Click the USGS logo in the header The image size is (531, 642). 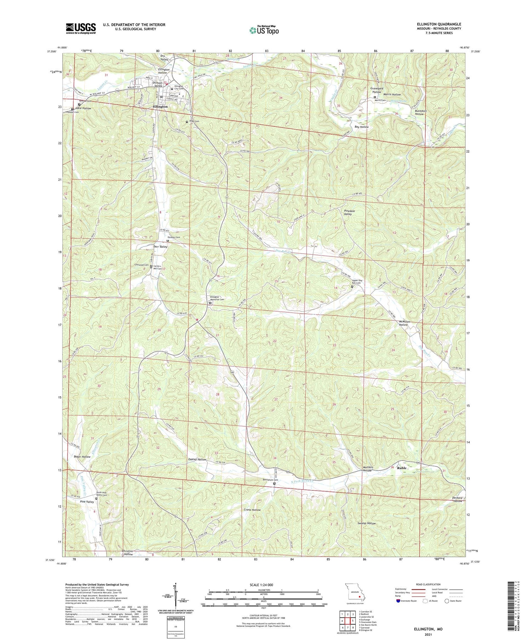pos(81,28)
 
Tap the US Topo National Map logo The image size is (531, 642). pos(264,30)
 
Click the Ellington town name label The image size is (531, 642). pos(160,106)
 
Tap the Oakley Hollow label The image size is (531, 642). pos(197,459)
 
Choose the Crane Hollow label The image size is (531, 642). pos(252,510)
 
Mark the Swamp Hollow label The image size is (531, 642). pos(366,523)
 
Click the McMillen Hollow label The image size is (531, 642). pos(404,323)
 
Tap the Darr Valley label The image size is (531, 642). pos(160,246)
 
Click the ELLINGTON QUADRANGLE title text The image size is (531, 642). pos(439,24)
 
